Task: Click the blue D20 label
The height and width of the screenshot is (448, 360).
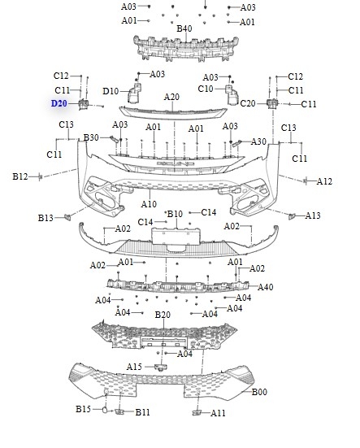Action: click(59, 103)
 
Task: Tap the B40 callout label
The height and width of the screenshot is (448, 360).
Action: click(184, 28)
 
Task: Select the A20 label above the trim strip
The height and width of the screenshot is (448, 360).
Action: click(171, 97)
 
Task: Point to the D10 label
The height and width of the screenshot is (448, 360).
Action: click(111, 91)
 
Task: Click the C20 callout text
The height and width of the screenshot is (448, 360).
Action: click(248, 103)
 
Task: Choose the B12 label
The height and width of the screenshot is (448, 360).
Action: click(20, 176)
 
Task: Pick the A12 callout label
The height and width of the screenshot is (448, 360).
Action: click(324, 181)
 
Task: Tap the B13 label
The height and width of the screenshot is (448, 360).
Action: click(46, 218)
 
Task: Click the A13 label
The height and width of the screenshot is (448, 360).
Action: click(313, 215)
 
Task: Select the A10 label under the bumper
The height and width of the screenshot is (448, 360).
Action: click(149, 204)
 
